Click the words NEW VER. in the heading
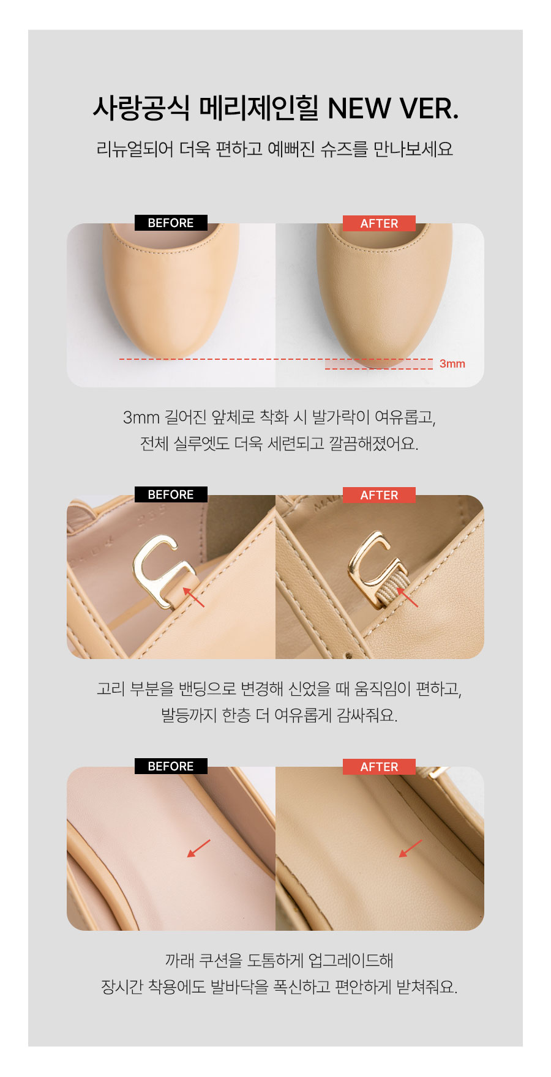[393, 109]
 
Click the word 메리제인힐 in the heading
[259, 108]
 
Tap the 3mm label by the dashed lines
[452, 364]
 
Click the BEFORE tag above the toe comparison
[171, 223]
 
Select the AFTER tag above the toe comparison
[379, 223]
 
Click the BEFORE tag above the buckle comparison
[171, 494]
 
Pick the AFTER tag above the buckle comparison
[379, 495]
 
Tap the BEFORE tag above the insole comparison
[171, 766]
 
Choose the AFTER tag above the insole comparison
[379, 767]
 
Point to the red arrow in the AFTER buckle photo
[407, 597]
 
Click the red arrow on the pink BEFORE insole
[198, 848]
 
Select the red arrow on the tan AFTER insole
[410, 848]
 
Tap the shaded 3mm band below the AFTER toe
[379, 364]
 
